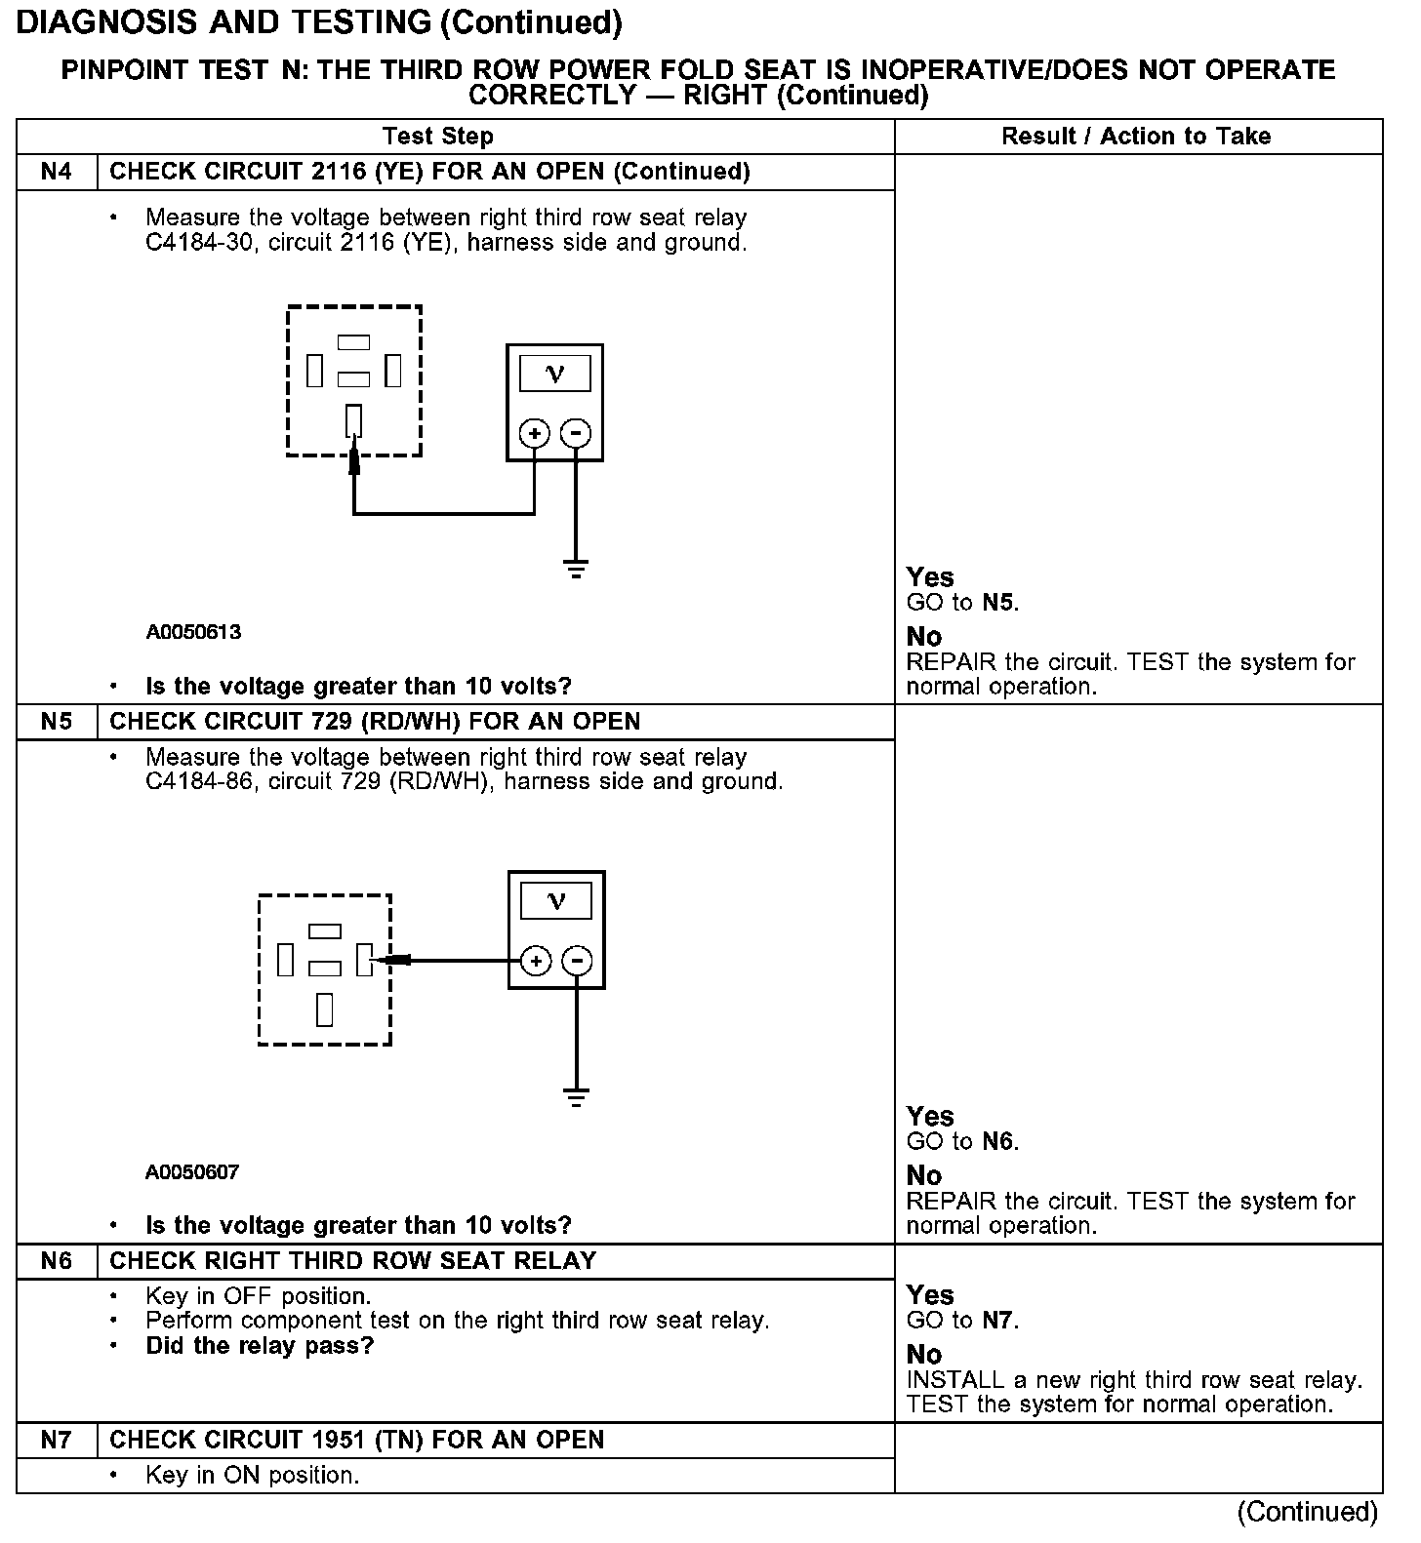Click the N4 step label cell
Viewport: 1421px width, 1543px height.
57,172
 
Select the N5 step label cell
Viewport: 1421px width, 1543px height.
57,722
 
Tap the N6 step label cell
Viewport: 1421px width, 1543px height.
57,1261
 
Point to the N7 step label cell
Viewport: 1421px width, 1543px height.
57,1441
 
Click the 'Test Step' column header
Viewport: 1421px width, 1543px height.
438,137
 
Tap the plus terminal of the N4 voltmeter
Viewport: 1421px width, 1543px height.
534,433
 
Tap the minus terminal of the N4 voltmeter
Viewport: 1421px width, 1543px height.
577,433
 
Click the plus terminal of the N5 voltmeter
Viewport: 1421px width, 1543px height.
536,962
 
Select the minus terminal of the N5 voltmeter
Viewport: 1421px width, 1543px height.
578,962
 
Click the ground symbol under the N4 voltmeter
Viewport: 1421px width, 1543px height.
577,570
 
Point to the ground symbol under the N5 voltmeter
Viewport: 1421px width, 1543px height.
578,1097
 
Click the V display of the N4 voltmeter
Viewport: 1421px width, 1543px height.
554,374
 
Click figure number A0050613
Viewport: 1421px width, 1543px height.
193,632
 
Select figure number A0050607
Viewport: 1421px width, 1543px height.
192,1172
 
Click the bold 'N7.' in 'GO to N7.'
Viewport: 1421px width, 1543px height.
999,1321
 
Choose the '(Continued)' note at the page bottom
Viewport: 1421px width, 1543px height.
1307,1512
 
